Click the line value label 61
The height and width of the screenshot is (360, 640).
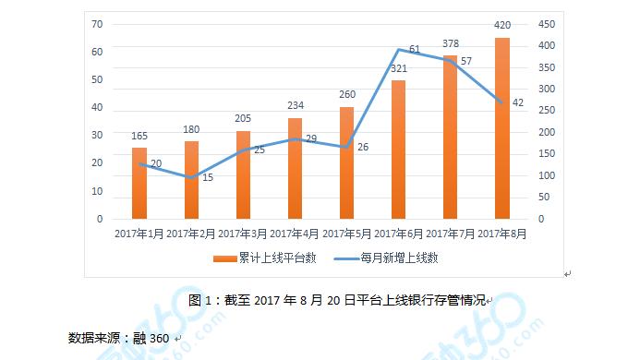tap(414, 48)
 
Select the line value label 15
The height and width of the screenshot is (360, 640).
tap(208, 177)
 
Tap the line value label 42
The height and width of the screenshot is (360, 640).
tap(517, 102)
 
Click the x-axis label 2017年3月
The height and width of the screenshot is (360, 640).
tap(243, 234)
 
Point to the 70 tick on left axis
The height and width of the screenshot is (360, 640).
tap(96, 23)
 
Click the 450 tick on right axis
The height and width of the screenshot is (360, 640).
tap(547, 23)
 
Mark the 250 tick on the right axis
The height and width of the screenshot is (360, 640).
tap(547, 111)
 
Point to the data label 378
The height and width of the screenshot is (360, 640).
tap(450, 42)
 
